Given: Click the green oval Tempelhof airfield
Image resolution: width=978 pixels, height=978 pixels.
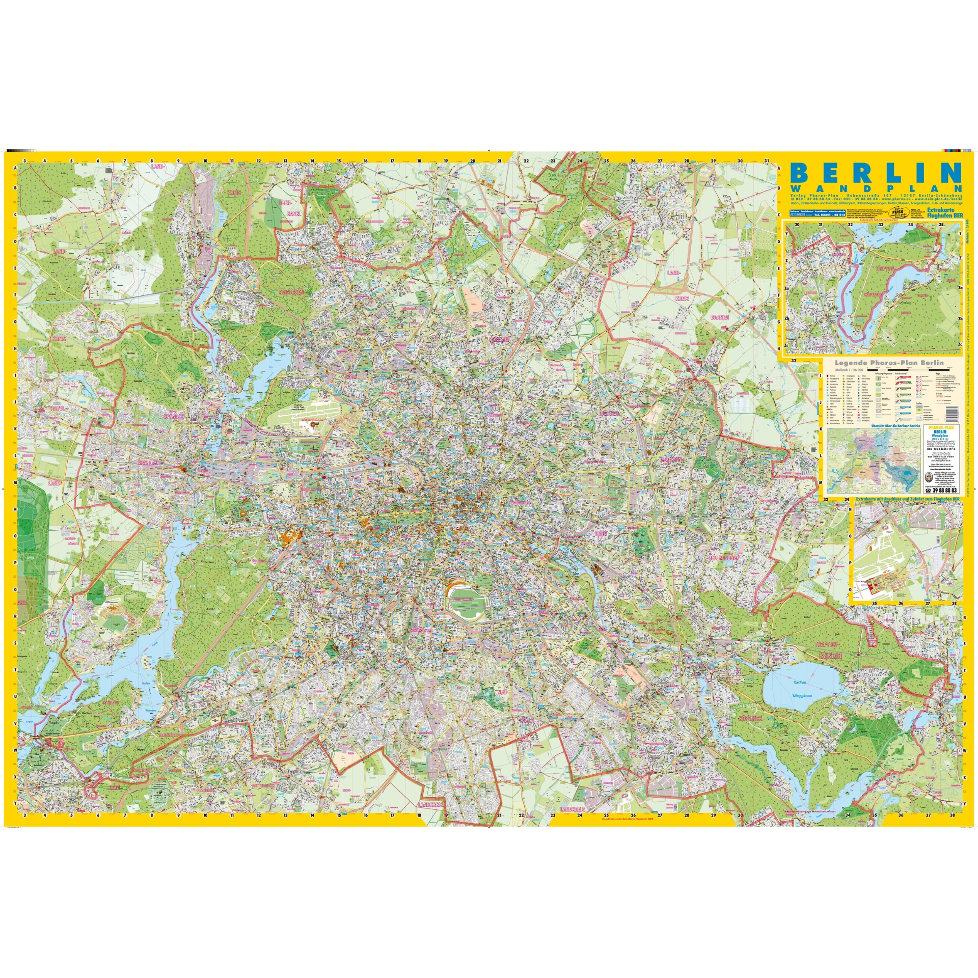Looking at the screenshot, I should [x=468, y=605].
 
